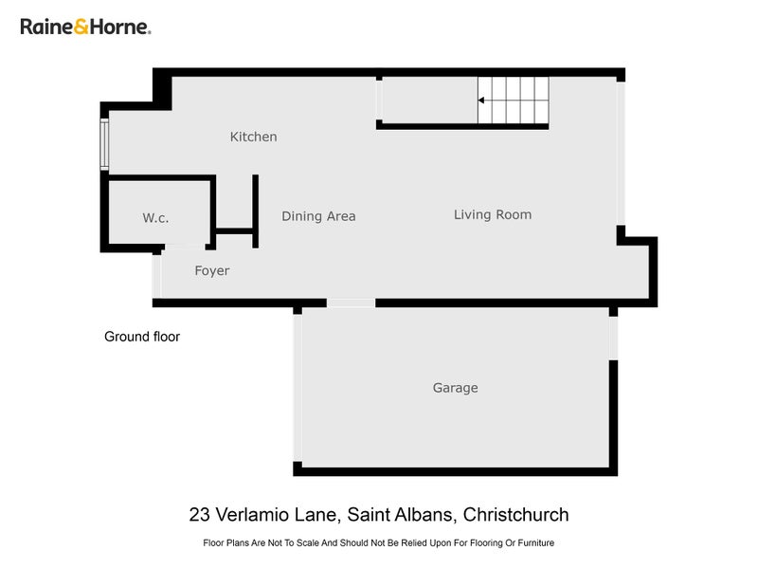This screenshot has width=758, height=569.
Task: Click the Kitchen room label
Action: click(x=254, y=137)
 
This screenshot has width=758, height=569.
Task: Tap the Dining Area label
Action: click(x=318, y=216)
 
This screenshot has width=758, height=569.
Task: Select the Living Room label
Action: click(x=492, y=214)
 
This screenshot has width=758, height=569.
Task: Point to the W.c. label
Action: click(x=155, y=218)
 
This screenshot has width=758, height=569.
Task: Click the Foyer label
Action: click(x=211, y=271)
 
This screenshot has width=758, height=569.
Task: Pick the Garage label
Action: click(x=455, y=388)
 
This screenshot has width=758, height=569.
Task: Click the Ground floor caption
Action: click(x=141, y=337)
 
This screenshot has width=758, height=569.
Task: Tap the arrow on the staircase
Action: click(x=482, y=100)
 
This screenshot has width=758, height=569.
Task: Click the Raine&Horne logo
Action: click(x=85, y=27)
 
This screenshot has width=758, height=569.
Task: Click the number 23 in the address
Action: click(x=199, y=515)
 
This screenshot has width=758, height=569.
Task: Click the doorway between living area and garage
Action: click(x=351, y=303)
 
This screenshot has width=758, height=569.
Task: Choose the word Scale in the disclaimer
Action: click(x=308, y=543)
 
